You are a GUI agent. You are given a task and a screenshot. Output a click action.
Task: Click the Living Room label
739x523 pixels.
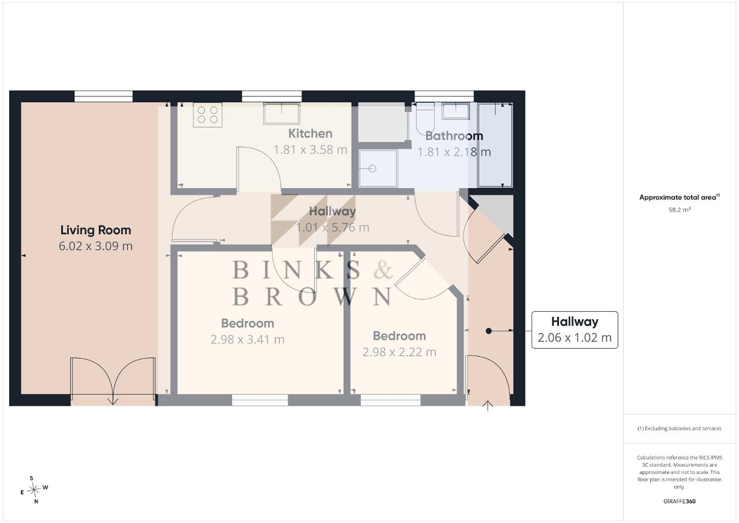coord(96,230)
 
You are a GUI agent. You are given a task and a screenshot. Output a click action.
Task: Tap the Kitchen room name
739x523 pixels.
coord(310,133)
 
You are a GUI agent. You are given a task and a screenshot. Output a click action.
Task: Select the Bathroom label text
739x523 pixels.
coord(454,136)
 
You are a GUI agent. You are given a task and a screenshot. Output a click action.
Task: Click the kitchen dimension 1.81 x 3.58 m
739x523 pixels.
coord(310,150)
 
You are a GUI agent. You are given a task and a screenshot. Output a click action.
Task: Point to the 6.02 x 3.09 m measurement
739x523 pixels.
coord(96,246)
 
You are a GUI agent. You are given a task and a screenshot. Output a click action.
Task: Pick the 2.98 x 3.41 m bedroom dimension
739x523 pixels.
coord(248,339)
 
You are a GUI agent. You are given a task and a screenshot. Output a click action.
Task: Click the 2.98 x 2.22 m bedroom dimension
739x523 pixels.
coord(399,352)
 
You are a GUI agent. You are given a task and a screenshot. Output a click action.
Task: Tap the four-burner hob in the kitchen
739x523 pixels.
coord(207,115)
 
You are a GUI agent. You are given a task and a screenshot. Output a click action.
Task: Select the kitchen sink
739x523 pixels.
coord(281,114)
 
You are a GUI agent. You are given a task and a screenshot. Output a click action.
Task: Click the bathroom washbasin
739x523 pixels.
coord(456,110)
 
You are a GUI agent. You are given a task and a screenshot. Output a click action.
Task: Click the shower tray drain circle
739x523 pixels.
coord(372,169)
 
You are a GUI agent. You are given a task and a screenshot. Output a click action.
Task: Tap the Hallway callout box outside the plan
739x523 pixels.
coord(574,330)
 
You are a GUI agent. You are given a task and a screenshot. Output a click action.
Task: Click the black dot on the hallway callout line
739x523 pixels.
coord(488,331)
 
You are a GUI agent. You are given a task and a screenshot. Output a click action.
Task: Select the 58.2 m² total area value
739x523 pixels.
coord(680,210)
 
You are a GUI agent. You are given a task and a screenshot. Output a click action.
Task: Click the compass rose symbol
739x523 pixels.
coord(33,490)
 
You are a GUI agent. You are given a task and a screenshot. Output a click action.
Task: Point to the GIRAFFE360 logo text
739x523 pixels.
coord(680,501)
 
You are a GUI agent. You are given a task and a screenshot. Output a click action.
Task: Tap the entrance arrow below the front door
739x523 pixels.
coord(488,406)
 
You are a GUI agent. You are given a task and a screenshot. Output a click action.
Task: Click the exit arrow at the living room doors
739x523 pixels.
coord(113,399)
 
